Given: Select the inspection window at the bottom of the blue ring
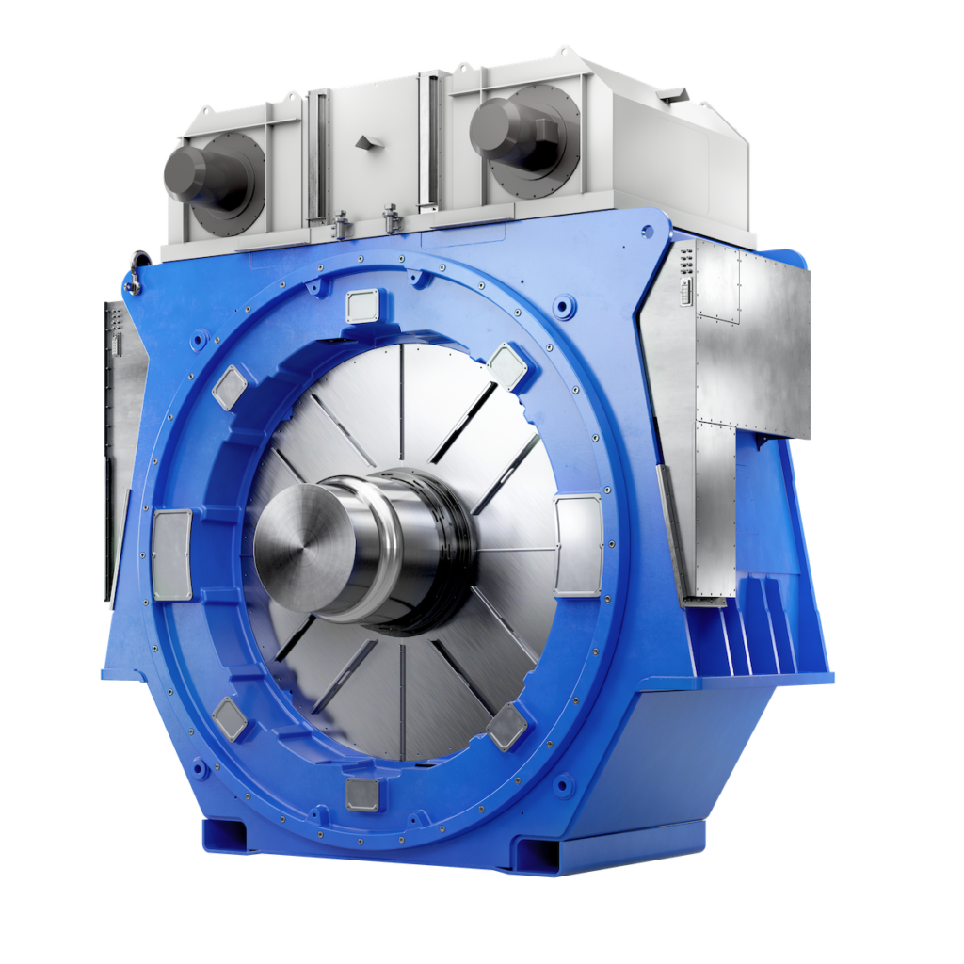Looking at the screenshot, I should pyautogui.click(x=361, y=794).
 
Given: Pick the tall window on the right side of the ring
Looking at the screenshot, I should pyautogui.click(x=577, y=546).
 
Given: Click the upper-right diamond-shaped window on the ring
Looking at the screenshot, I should pyautogui.click(x=508, y=365).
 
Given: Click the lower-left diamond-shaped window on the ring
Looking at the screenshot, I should pyautogui.click(x=229, y=718).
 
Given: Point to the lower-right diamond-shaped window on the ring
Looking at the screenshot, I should pyautogui.click(x=508, y=726).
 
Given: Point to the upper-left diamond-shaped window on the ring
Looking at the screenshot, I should pyautogui.click(x=228, y=386).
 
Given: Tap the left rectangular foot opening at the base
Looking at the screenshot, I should pyautogui.click(x=224, y=834).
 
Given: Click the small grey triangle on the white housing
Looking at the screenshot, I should pyautogui.click(x=364, y=141).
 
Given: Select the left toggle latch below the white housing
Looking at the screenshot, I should pyautogui.click(x=342, y=226).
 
